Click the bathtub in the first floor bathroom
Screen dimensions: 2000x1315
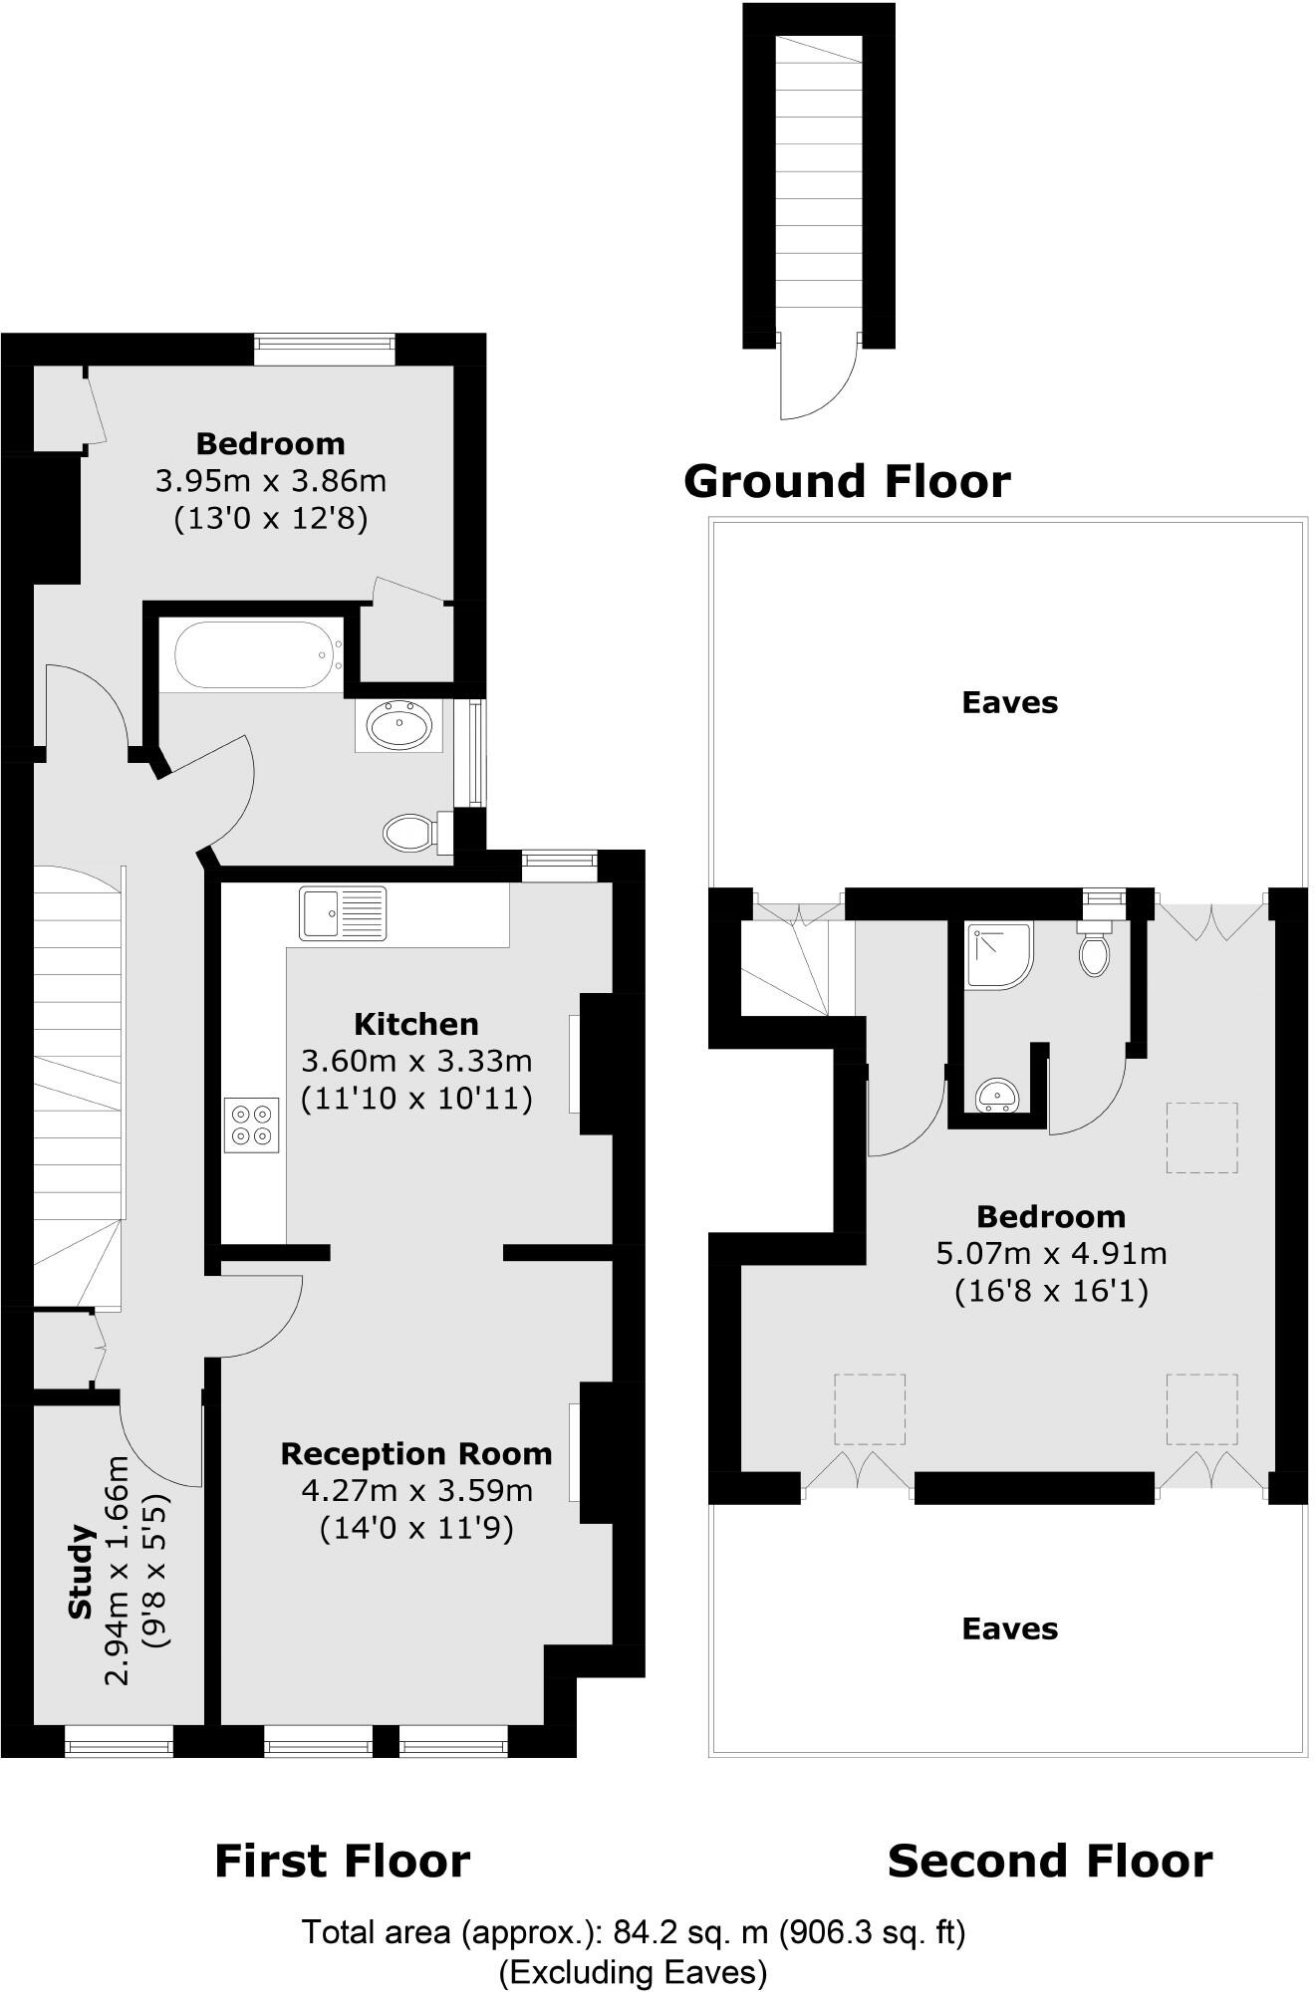(x=258, y=655)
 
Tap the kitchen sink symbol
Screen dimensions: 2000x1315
(x=342, y=912)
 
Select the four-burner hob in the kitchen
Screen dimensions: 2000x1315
(x=251, y=1124)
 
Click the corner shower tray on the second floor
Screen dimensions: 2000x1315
(x=997, y=953)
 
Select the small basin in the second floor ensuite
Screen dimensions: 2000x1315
(x=997, y=1096)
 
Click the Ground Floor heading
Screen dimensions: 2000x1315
(x=847, y=481)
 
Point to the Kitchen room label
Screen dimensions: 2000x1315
(x=416, y=1024)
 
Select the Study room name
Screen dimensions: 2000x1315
(x=81, y=1571)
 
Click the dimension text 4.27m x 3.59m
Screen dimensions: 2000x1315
(x=416, y=1491)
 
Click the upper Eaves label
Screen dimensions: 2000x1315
(x=1009, y=702)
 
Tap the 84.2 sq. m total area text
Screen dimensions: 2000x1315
(x=634, y=1932)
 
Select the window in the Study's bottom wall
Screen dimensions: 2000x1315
(x=119, y=1743)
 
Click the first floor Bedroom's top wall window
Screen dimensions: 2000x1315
(x=324, y=347)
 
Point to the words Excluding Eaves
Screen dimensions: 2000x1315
(x=634, y=1972)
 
